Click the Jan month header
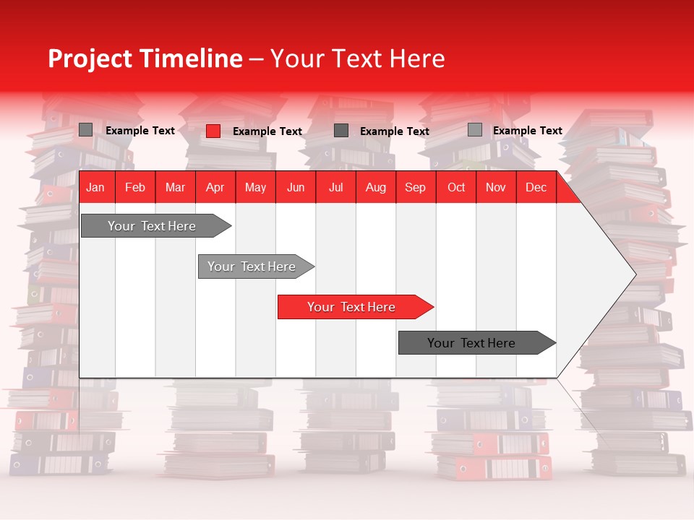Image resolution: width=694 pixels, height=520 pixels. [95, 187]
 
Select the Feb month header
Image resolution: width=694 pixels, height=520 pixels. [135, 187]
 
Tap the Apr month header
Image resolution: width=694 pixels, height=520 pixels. [215, 187]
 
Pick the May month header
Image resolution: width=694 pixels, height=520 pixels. [255, 187]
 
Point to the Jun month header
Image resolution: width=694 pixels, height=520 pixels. [296, 187]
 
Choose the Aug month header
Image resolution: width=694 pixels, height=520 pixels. [375, 187]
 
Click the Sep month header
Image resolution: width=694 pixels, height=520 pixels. [415, 187]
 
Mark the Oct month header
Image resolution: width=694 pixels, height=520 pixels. [456, 187]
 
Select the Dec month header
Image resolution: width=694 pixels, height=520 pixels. [536, 187]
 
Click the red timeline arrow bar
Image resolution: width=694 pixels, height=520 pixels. [354, 307]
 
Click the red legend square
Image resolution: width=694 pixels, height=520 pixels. [213, 131]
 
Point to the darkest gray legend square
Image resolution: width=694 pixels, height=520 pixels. [341, 130]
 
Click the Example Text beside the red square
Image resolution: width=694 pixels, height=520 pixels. [267, 131]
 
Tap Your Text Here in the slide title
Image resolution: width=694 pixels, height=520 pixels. [358, 58]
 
